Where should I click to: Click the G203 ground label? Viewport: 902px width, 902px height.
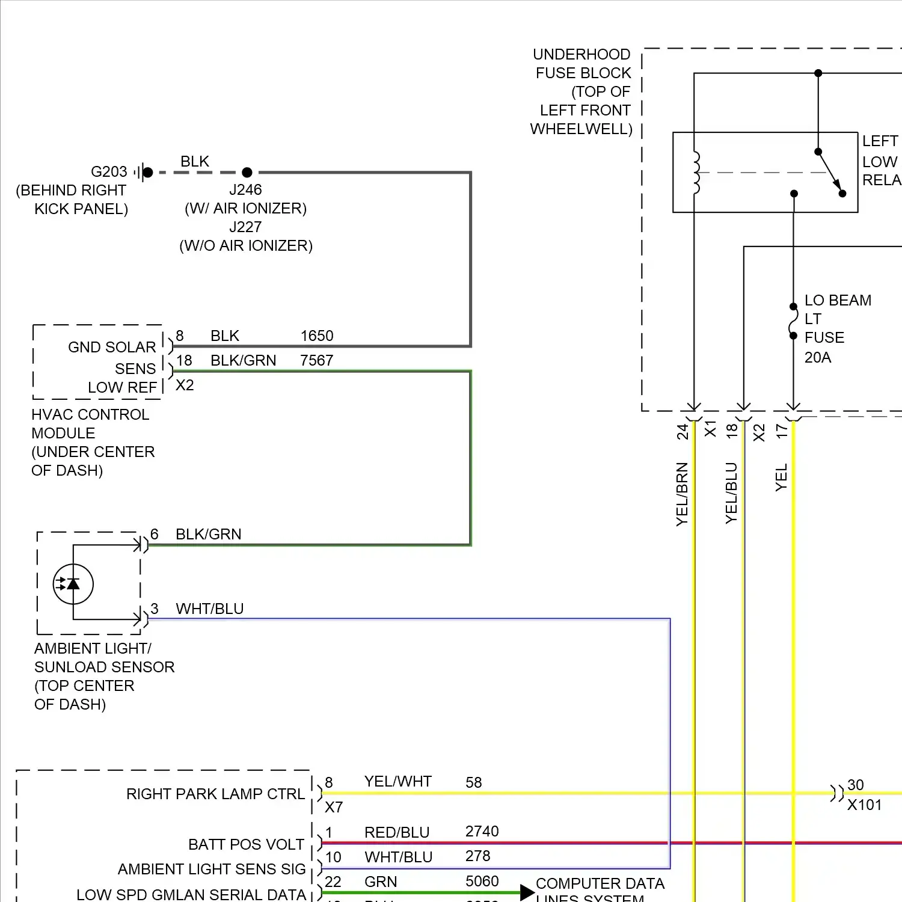coord(109,172)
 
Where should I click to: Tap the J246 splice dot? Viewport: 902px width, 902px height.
coord(247,173)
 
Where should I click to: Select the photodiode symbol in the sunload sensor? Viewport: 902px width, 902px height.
coord(73,584)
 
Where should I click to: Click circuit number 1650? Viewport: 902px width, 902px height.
coord(317,336)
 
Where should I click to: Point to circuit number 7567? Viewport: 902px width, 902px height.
coord(317,360)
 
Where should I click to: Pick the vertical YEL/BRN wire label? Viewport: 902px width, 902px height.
coord(682,494)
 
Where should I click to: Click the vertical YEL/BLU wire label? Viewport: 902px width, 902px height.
coord(731,493)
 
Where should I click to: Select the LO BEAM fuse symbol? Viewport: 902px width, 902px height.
coord(793,321)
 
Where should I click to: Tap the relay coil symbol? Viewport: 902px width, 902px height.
coord(696,173)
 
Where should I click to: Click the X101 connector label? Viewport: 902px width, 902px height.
coord(864,805)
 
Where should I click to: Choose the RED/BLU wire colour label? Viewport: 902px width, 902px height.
coord(397,832)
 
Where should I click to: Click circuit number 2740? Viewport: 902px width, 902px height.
coord(482,831)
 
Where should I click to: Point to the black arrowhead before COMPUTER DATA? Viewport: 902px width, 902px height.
coord(527,892)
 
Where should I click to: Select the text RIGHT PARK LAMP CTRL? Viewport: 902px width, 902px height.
coord(215,794)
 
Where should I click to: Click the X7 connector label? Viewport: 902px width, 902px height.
coord(334,807)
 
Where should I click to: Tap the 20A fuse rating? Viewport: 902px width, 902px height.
coord(818,357)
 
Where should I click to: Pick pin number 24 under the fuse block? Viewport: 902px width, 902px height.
coord(682,432)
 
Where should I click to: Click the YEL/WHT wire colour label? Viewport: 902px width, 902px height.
coord(398,781)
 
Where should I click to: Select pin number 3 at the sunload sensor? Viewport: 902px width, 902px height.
coord(155,609)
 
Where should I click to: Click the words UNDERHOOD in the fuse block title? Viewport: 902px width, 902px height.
coord(581,54)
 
